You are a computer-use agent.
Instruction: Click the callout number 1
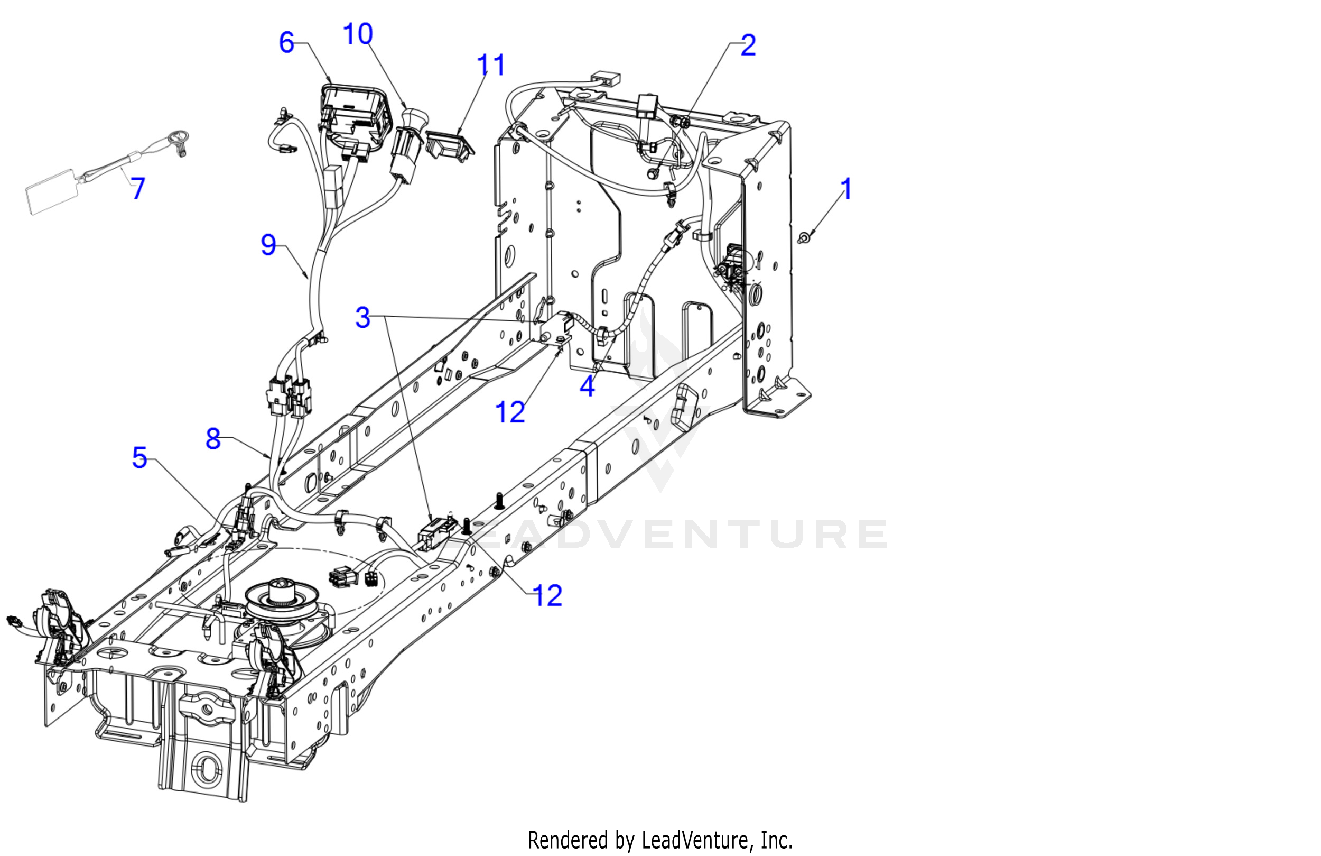pyautogui.click(x=846, y=189)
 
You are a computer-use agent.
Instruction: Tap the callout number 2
pyautogui.click(x=748, y=45)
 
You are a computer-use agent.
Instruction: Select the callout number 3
pyautogui.click(x=362, y=317)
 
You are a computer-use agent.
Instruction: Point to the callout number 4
pyautogui.click(x=587, y=385)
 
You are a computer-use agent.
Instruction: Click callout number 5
pyautogui.click(x=139, y=458)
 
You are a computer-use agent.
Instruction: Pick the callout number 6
pyautogui.click(x=286, y=43)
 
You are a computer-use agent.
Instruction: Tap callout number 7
pyautogui.click(x=138, y=188)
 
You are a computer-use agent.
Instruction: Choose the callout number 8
pyautogui.click(x=213, y=439)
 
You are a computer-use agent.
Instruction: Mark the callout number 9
pyautogui.click(x=268, y=244)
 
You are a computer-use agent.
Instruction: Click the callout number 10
pyautogui.click(x=358, y=34)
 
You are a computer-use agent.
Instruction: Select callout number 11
pyautogui.click(x=491, y=65)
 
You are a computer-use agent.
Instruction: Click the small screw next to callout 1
pyautogui.click(x=803, y=238)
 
